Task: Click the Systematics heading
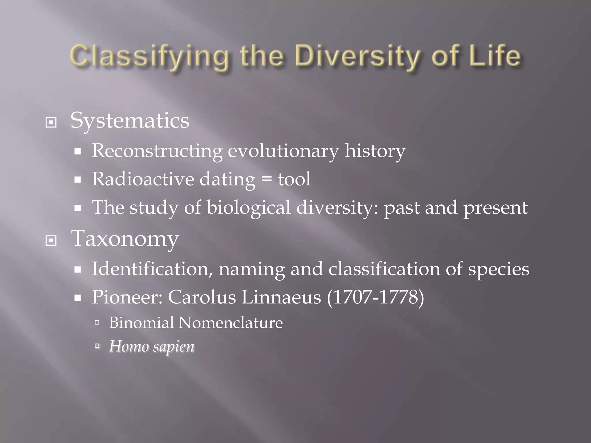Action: (130, 121)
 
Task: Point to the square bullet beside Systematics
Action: (51, 123)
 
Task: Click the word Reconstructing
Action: (157, 151)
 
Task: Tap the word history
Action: (375, 151)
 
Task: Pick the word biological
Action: (248, 207)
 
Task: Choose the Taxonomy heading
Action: (125, 239)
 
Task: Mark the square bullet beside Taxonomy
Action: (51, 240)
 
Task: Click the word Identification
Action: (152, 269)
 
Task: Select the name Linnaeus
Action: (281, 297)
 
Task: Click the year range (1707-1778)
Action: (375, 297)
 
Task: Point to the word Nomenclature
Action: (230, 322)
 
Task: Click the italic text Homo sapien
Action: (152, 346)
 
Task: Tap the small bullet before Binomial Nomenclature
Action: (97, 322)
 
